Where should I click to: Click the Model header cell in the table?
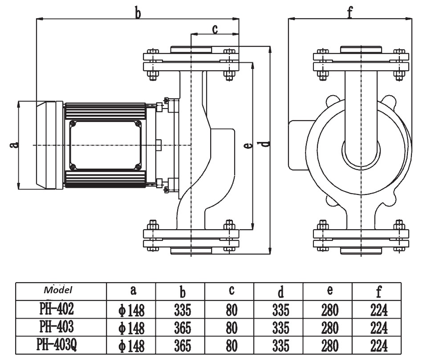click(x=58, y=290)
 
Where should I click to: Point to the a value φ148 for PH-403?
click(x=132, y=328)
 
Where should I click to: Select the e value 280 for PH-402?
click(x=329, y=309)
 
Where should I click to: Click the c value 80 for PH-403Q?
click(x=231, y=346)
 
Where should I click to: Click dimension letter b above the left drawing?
click(x=138, y=13)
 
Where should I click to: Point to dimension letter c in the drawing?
click(x=215, y=29)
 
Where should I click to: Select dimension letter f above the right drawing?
click(x=350, y=13)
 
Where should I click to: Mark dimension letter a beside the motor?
click(x=13, y=144)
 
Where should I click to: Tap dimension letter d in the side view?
click(x=266, y=144)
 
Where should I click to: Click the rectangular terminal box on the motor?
click(x=106, y=145)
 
